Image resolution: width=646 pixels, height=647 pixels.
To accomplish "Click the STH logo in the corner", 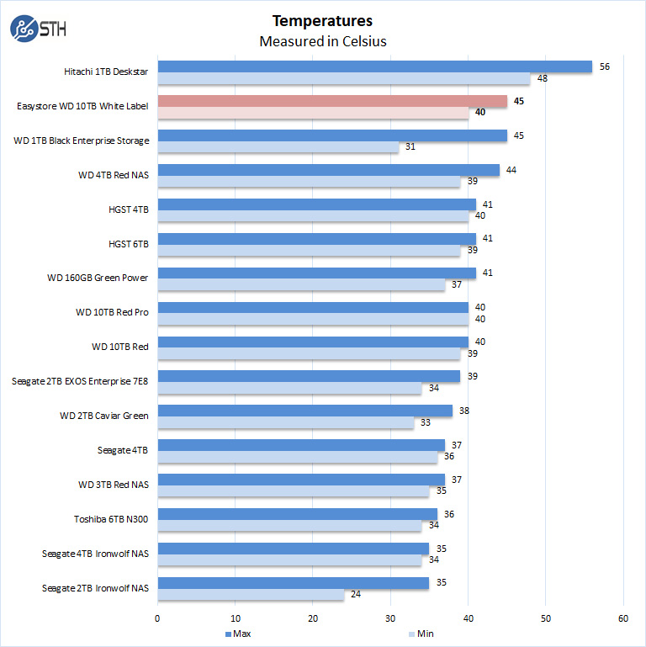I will (x=38, y=29).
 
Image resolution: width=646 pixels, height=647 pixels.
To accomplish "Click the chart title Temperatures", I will (x=322, y=21).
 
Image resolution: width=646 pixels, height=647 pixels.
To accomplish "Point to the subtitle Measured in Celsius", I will (x=322, y=41).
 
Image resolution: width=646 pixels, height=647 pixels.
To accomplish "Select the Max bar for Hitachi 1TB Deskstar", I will (x=374, y=66).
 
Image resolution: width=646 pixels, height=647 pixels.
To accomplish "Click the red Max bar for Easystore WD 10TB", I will (x=332, y=101).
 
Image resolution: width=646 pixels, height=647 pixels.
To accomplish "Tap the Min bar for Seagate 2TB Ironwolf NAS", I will (x=251, y=595).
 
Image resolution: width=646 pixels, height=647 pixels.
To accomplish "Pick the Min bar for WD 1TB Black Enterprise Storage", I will (x=278, y=147).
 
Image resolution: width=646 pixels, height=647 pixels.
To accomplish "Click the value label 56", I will (x=604, y=66).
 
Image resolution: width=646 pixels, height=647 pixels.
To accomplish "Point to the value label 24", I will (x=356, y=595).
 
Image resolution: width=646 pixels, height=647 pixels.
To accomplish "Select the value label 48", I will (x=542, y=78).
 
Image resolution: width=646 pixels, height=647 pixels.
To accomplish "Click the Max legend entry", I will (x=238, y=633).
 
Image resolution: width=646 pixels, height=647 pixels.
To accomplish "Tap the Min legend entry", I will (x=424, y=633).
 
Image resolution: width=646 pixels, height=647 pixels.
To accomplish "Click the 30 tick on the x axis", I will (x=390, y=618).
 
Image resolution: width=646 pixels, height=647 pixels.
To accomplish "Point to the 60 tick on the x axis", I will (x=623, y=618).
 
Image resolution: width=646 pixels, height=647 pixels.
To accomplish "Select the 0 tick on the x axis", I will (x=157, y=618).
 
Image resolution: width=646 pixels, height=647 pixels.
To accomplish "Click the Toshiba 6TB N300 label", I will (x=110, y=519).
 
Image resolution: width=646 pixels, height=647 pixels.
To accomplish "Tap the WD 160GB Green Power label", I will (x=98, y=278).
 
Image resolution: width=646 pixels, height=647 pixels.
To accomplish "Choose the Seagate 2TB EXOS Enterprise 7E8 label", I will (x=80, y=381).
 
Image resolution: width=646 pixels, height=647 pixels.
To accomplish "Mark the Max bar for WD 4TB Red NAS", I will (x=328, y=170).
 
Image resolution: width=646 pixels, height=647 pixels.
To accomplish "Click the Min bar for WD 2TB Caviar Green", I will (x=285, y=422).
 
